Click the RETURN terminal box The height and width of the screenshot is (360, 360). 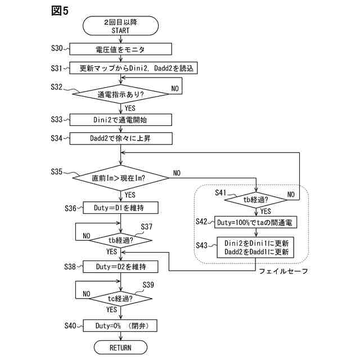point(120,347)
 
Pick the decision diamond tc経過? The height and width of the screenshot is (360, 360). point(120,298)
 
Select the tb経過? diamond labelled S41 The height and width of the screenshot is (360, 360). point(256,199)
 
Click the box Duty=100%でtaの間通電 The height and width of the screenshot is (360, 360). point(256,222)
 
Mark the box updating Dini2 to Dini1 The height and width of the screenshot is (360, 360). point(256,247)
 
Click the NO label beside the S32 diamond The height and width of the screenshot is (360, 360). point(175,89)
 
